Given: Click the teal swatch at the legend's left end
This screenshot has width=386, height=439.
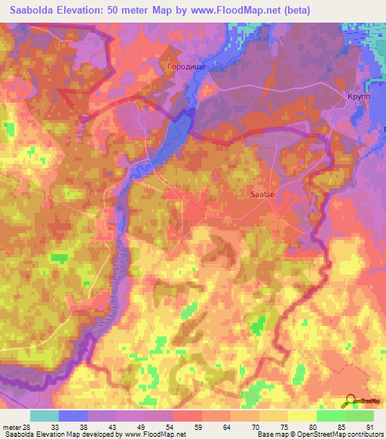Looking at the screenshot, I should [44, 416].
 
